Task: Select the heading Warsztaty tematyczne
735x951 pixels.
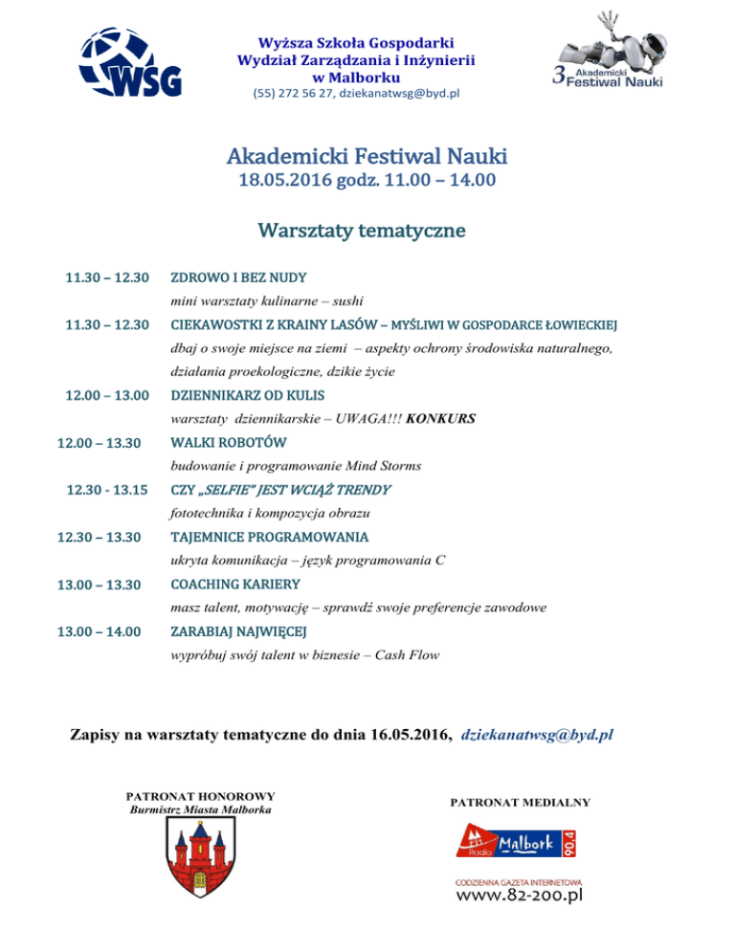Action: [361, 231]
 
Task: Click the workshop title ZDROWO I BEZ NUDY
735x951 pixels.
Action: [238, 278]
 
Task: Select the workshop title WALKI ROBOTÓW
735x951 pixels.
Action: [228, 443]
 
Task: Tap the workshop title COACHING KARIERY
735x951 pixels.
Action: [234, 584]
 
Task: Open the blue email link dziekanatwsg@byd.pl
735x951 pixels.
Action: [537, 736]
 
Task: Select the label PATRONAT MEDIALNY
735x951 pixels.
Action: [521, 802]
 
